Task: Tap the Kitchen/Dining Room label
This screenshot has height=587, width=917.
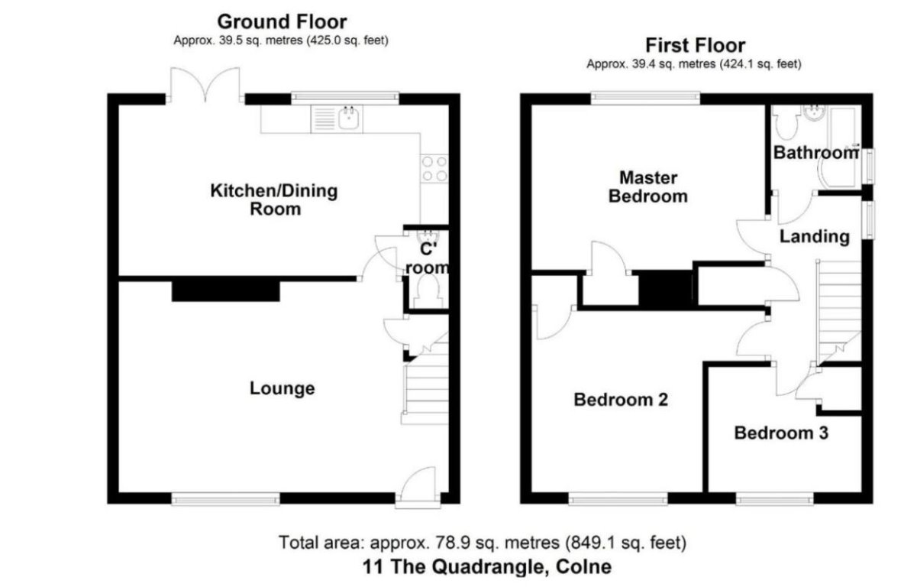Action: (x=273, y=199)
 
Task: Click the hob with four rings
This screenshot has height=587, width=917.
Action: (x=434, y=169)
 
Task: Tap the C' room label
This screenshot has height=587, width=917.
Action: (x=431, y=259)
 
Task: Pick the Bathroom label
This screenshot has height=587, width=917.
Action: (x=815, y=153)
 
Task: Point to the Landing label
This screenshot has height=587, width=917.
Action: (x=814, y=237)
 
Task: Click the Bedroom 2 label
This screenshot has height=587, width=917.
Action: (x=621, y=399)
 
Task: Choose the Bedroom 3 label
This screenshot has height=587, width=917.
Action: (x=781, y=433)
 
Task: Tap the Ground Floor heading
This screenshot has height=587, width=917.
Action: (x=282, y=21)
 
